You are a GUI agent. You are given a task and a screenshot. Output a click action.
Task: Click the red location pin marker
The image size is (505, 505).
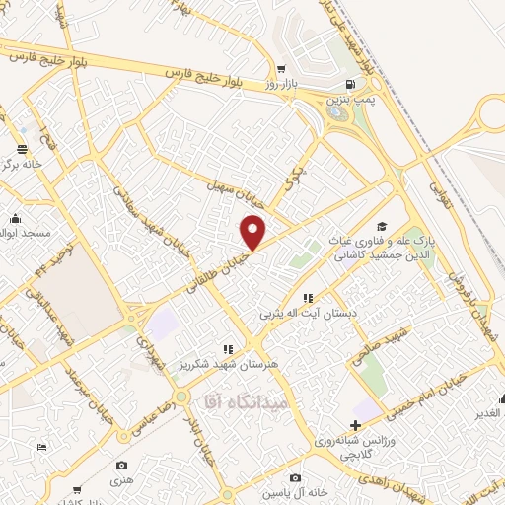254,232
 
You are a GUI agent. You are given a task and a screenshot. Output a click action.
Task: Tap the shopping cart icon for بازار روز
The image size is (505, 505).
281,69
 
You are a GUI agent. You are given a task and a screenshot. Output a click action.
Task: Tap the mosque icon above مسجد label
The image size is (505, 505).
15,220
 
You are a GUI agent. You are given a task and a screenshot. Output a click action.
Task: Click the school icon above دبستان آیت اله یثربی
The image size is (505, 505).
308,297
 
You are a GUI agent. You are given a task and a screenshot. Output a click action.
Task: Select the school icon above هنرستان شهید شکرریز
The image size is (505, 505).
228,348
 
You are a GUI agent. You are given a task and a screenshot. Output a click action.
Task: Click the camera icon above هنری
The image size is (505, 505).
121,465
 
